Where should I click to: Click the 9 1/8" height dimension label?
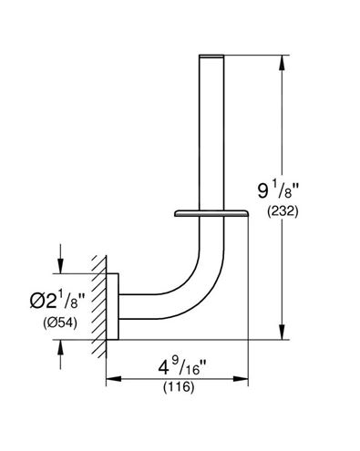[x=278, y=191]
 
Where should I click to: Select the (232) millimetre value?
[x=283, y=211]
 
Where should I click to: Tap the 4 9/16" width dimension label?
[x=182, y=366]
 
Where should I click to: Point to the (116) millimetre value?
[x=179, y=387]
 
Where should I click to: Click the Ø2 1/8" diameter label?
[x=57, y=300]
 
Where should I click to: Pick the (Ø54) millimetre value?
[x=60, y=323]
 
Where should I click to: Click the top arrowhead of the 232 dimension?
[x=283, y=63]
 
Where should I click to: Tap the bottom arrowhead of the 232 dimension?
[x=283, y=332]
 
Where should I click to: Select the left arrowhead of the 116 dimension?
[x=114, y=379]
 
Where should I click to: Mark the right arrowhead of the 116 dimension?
[x=241, y=379]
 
